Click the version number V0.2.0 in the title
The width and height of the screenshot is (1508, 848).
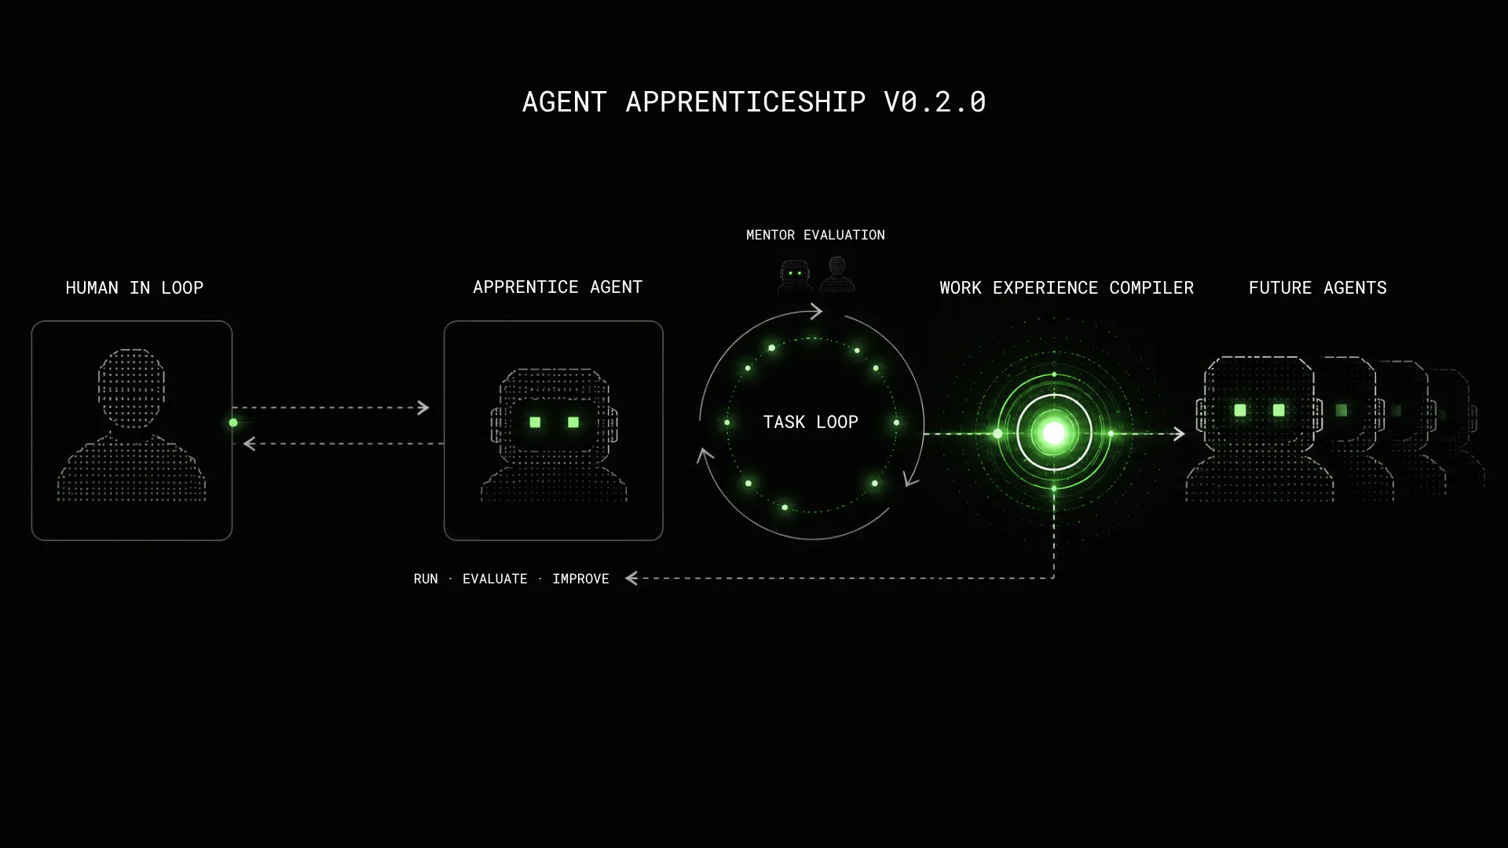point(935,102)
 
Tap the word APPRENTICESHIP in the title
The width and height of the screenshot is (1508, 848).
point(745,102)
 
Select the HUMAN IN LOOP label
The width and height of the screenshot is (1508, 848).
point(134,288)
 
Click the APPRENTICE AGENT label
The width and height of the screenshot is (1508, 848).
point(558,287)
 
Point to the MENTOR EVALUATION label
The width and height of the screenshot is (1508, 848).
point(815,235)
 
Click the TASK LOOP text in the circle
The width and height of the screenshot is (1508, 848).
point(811,422)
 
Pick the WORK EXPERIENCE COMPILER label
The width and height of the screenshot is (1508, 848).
point(1067,288)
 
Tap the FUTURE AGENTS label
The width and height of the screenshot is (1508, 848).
point(1318,288)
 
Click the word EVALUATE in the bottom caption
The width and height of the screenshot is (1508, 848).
point(495,579)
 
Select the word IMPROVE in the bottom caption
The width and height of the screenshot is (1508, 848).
point(580,579)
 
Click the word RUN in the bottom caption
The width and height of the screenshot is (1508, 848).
point(426,579)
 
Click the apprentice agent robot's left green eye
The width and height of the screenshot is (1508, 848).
point(535,422)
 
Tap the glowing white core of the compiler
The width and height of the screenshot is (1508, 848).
point(1054,433)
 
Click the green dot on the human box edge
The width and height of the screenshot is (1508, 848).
point(233,422)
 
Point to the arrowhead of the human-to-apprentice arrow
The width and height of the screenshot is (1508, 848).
point(424,408)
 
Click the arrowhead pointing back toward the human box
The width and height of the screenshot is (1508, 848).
point(249,444)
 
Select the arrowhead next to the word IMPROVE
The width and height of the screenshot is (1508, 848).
point(631,579)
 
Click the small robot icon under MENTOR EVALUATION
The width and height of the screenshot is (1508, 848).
point(795,276)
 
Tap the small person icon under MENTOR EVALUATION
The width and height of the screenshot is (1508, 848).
point(837,274)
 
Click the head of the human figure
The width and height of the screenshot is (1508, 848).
point(131,389)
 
